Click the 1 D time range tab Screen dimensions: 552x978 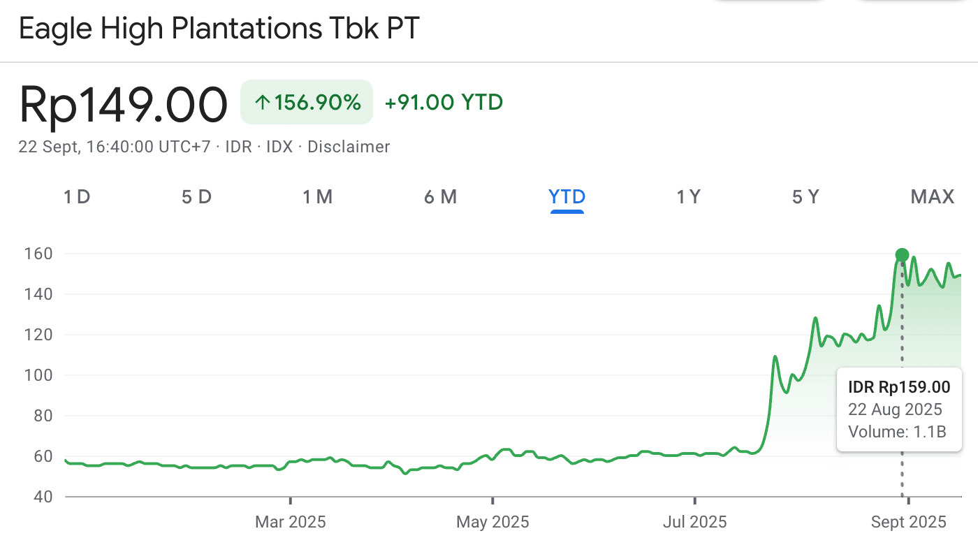(x=77, y=197)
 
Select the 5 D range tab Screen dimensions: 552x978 (x=196, y=197)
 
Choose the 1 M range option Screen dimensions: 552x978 (x=317, y=197)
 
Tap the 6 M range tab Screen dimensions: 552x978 (x=440, y=197)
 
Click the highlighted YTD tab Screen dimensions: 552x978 (x=567, y=197)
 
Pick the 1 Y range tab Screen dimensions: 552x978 (x=688, y=197)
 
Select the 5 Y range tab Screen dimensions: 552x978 (x=805, y=197)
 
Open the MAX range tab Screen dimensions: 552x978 (x=932, y=197)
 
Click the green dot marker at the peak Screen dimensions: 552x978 (x=902, y=255)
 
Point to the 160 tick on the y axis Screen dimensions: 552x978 (x=39, y=254)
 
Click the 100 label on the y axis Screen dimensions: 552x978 (x=39, y=375)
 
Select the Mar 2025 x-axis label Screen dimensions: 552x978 (x=290, y=522)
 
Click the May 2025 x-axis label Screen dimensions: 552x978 (x=492, y=522)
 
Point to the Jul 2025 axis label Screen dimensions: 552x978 (x=695, y=522)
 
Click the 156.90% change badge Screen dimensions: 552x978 (x=307, y=103)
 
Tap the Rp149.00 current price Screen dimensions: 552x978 (x=123, y=105)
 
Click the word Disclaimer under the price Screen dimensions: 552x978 (x=349, y=147)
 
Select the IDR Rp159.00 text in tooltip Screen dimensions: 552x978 (x=899, y=387)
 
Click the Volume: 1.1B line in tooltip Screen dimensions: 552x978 (x=897, y=432)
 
